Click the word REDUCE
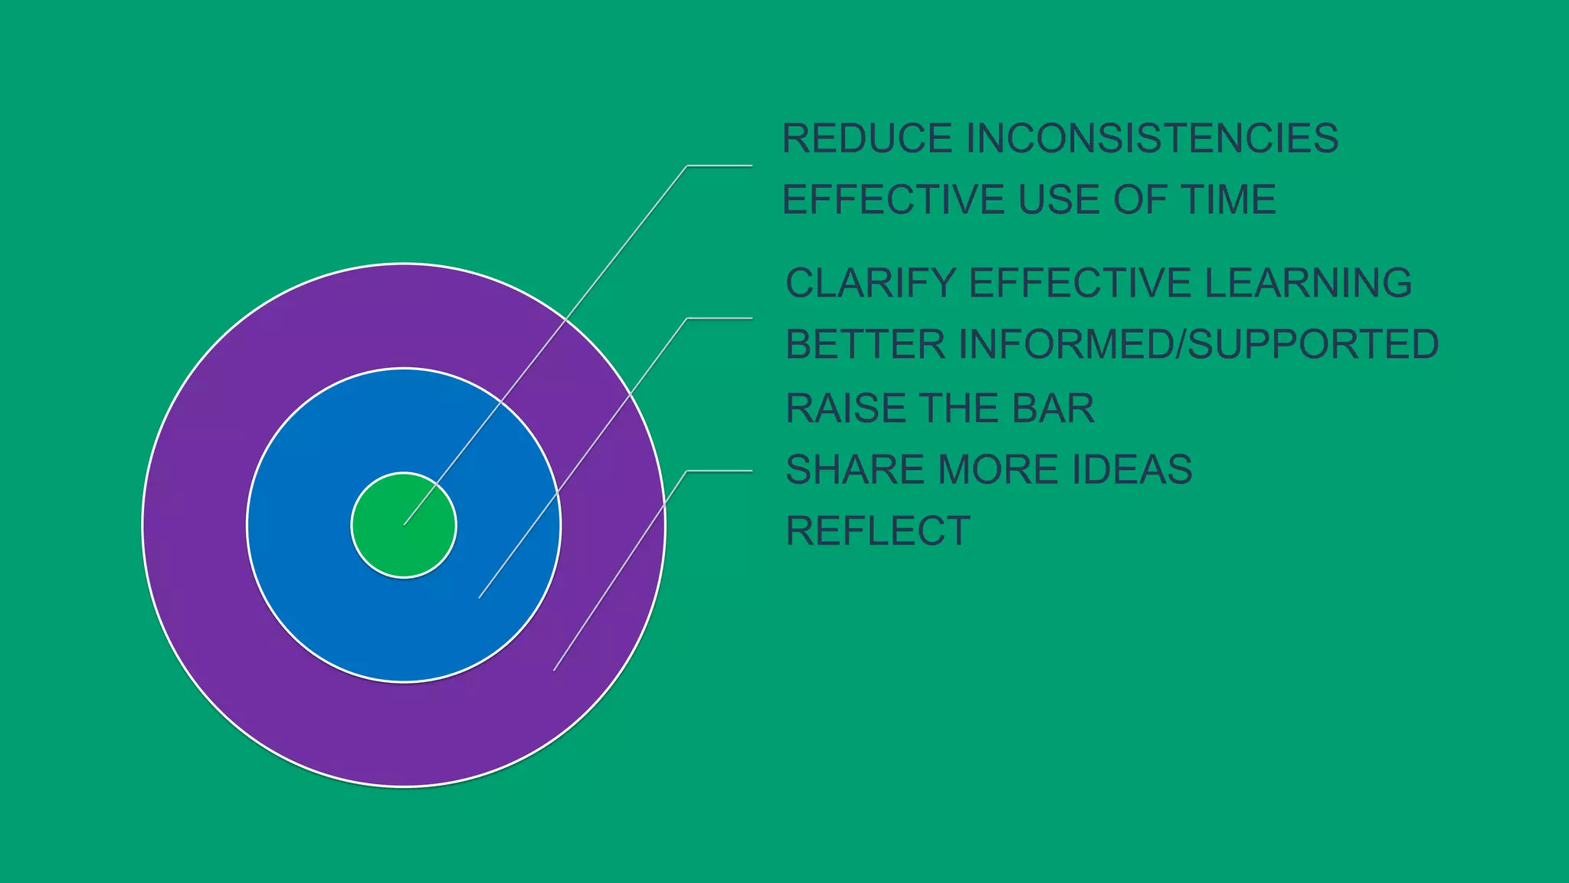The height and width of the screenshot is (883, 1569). point(866,139)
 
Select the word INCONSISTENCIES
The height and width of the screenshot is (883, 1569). point(1152,139)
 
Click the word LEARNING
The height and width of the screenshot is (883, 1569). point(1309,283)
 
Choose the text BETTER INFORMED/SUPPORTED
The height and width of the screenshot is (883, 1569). point(1112,344)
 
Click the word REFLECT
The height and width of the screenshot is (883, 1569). point(878,530)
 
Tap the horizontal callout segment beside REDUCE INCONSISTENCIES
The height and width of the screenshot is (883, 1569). point(719,166)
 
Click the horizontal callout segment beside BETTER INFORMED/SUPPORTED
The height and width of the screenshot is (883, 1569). point(719,318)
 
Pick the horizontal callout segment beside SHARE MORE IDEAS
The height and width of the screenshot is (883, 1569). point(719,471)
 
